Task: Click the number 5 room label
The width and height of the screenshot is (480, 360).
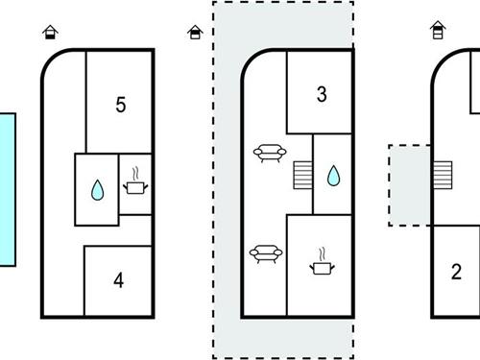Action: click(121, 105)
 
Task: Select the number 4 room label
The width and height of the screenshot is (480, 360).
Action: click(119, 280)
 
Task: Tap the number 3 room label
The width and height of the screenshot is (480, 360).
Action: click(322, 94)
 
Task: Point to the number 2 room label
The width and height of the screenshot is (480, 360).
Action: click(456, 272)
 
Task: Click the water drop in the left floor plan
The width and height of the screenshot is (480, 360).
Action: click(97, 190)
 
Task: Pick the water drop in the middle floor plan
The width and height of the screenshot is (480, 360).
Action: click(333, 176)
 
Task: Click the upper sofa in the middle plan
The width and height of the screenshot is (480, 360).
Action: click(270, 154)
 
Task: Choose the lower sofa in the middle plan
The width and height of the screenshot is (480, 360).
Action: click(266, 253)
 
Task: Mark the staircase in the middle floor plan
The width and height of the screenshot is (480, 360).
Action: click(302, 175)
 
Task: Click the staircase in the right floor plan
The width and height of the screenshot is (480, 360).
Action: click(443, 175)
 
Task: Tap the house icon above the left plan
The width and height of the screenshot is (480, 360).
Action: click(50, 32)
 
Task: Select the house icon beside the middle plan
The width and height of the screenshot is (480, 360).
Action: click(195, 33)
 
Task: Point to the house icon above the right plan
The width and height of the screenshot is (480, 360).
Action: click(438, 30)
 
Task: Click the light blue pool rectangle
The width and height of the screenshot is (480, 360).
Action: click(7, 189)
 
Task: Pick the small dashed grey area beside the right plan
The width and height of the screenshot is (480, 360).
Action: click(410, 185)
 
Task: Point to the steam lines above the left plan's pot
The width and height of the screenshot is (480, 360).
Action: click(135, 174)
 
